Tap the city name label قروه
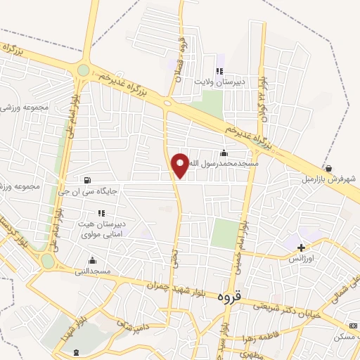point(231,296)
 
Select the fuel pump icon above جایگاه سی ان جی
point(87,179)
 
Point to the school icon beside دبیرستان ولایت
point(219,70)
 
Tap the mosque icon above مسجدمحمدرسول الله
point(224,153)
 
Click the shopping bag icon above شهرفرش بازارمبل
point(329,168)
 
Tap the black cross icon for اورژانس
point(302,247)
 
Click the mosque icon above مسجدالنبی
point(92,260)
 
